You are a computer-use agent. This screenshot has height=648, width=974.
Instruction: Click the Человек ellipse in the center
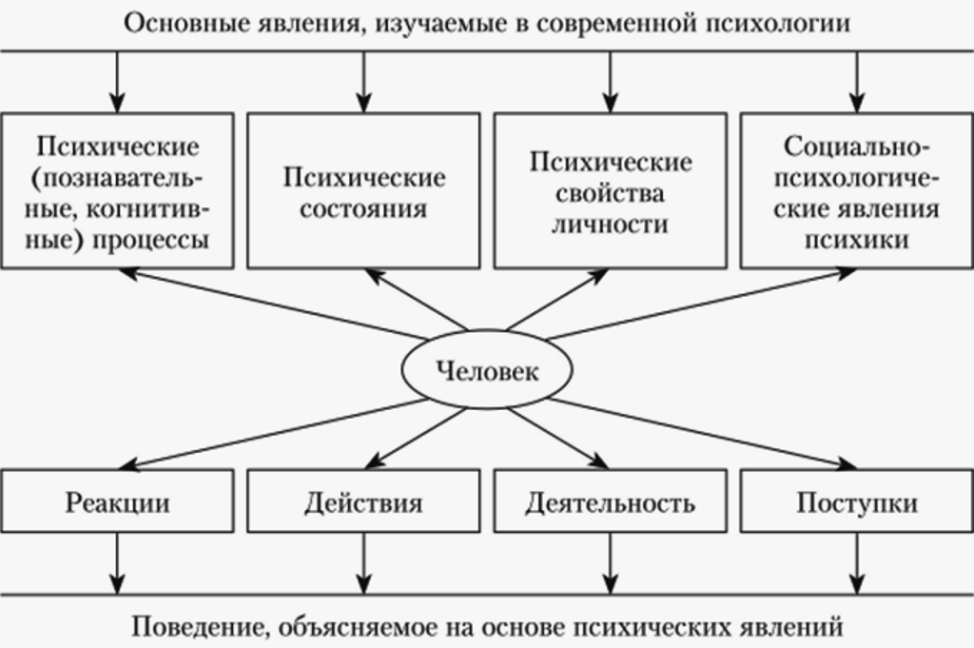[x=486, y=369]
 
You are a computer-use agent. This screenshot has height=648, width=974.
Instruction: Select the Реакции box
[x=117, y=501]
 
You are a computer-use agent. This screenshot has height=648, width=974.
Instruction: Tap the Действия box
[x=363, y=501]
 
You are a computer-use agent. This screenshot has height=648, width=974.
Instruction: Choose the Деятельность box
[x=610, y=501]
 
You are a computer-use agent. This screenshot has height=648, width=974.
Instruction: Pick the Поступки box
[x=857, y=501]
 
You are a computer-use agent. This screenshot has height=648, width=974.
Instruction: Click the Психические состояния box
[x=363, y=190]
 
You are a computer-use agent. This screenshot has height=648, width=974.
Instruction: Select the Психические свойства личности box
[x=610, y=190]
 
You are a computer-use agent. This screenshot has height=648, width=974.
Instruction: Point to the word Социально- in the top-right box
[x=857, y=147]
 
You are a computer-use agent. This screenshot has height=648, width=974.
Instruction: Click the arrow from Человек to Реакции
[x=273, y=434]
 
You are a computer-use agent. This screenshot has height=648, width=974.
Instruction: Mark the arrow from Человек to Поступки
[x=702, y=434]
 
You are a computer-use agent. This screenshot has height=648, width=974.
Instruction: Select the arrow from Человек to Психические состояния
[x=416, y=300]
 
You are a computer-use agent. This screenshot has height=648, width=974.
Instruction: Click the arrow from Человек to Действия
[x=416, y=439]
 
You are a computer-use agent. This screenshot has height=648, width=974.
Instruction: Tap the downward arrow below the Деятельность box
[x=610, y=563]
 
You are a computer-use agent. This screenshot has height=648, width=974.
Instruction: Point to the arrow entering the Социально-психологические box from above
[x=857, y=82]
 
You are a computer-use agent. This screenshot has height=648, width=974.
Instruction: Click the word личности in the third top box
[x=610, y=224]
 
